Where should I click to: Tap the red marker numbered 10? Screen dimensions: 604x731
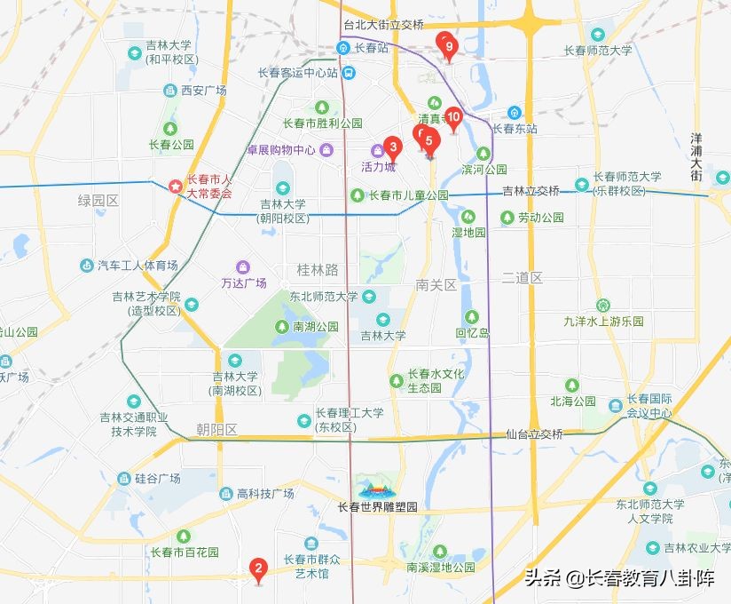453,116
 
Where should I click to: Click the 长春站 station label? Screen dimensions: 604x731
371,48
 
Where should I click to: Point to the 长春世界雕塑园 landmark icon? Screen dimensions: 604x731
376,489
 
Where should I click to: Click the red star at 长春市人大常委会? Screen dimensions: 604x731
176,187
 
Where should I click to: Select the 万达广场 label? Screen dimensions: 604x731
243,282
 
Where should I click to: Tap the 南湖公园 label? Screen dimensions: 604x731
315,327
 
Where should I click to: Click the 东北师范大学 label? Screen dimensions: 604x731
324,297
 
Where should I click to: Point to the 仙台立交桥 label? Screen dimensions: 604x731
534,434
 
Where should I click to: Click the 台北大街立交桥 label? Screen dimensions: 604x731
382,24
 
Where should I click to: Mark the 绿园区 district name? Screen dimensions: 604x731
98,201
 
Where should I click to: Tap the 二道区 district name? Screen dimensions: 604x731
522,278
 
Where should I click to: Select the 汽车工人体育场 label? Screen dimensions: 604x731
138,266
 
